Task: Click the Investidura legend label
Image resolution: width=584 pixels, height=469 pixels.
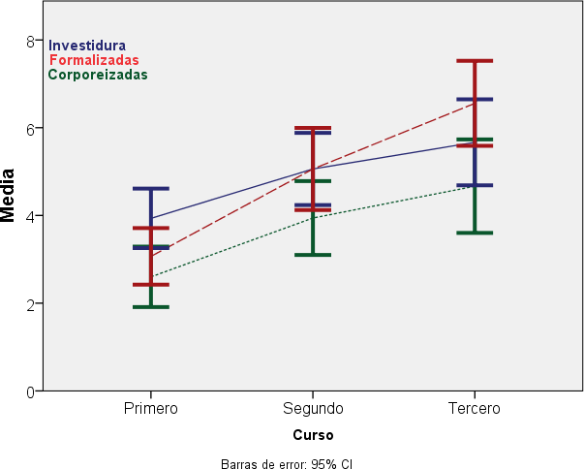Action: (x=87, y=46)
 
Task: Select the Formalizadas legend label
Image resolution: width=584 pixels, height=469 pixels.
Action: (x=94, y=60)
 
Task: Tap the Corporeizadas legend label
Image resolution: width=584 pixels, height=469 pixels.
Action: (x=98, y=75)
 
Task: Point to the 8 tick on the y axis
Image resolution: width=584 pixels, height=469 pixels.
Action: (x=30, y=41)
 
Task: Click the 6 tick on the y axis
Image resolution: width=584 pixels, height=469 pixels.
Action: (x=30, y=128)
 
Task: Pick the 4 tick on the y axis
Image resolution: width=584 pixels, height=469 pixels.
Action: (x=30, y=215)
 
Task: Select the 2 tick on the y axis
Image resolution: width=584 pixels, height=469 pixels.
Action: (x=30, y=303)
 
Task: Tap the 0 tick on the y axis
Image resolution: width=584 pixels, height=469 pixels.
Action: (x=30, y=391)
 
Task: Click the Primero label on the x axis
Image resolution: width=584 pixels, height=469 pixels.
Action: (x=151, y=408)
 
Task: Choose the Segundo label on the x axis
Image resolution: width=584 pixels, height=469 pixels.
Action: (x=313, y=408)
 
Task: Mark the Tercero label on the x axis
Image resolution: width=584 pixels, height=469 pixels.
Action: (x=475, y=408)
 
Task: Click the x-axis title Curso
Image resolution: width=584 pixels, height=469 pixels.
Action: (x=313, y=435)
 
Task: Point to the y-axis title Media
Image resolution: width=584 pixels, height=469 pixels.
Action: (x=10, y=196)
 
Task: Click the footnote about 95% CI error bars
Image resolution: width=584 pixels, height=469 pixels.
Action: (x=287, y=463)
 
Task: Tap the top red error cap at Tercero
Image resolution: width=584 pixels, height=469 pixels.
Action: (x=475, y=61)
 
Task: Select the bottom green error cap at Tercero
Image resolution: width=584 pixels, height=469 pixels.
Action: (x=475, y=233)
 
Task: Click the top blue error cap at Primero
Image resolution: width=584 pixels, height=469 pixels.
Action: (x=151, y=188)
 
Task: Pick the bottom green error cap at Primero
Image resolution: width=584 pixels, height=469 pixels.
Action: (x=151, y=307)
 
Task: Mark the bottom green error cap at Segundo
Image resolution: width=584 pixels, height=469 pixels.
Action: (x=313, y=255)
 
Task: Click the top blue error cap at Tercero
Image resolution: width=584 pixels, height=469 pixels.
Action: (x=475, y=99)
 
